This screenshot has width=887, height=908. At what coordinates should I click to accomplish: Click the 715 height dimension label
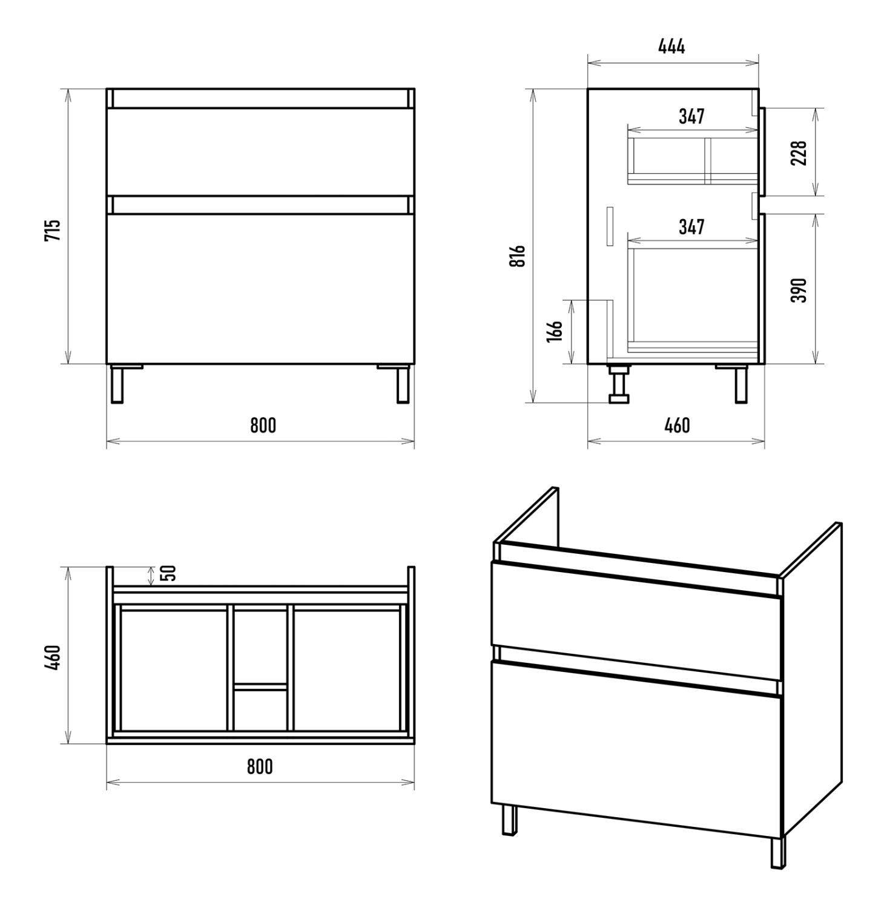tap(53, 230)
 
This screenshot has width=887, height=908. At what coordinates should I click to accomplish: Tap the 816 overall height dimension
tap(517, 257)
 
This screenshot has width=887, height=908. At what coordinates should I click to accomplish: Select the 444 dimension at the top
tap(672, 46)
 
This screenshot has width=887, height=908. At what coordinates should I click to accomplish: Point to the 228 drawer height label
tap(799, 153)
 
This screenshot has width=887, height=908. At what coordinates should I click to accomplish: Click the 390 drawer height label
tap(799, 291)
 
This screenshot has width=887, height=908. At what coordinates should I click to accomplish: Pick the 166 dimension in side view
tap(555, 332)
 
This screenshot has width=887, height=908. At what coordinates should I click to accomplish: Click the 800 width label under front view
tap(263, 426)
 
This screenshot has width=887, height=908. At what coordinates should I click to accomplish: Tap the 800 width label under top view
tap(260, 766)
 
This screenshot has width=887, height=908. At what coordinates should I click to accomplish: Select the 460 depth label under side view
tap(677, 426)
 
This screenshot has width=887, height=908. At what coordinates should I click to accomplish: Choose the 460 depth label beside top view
tap(53, 657)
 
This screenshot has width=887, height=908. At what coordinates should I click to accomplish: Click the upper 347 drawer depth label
tap(691, 116)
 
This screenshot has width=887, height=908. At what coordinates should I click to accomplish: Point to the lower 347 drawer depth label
tap(691, 227)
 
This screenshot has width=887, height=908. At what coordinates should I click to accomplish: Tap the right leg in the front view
tap(403, 384)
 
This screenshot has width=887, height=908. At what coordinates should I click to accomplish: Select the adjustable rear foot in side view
tap(619, 383)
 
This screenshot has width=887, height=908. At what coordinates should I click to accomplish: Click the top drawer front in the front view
tap(260, 152)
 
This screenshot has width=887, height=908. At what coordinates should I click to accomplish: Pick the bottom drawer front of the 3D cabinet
tap(637, 749)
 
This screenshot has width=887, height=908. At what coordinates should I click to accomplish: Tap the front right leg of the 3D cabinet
tap(778, 853)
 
